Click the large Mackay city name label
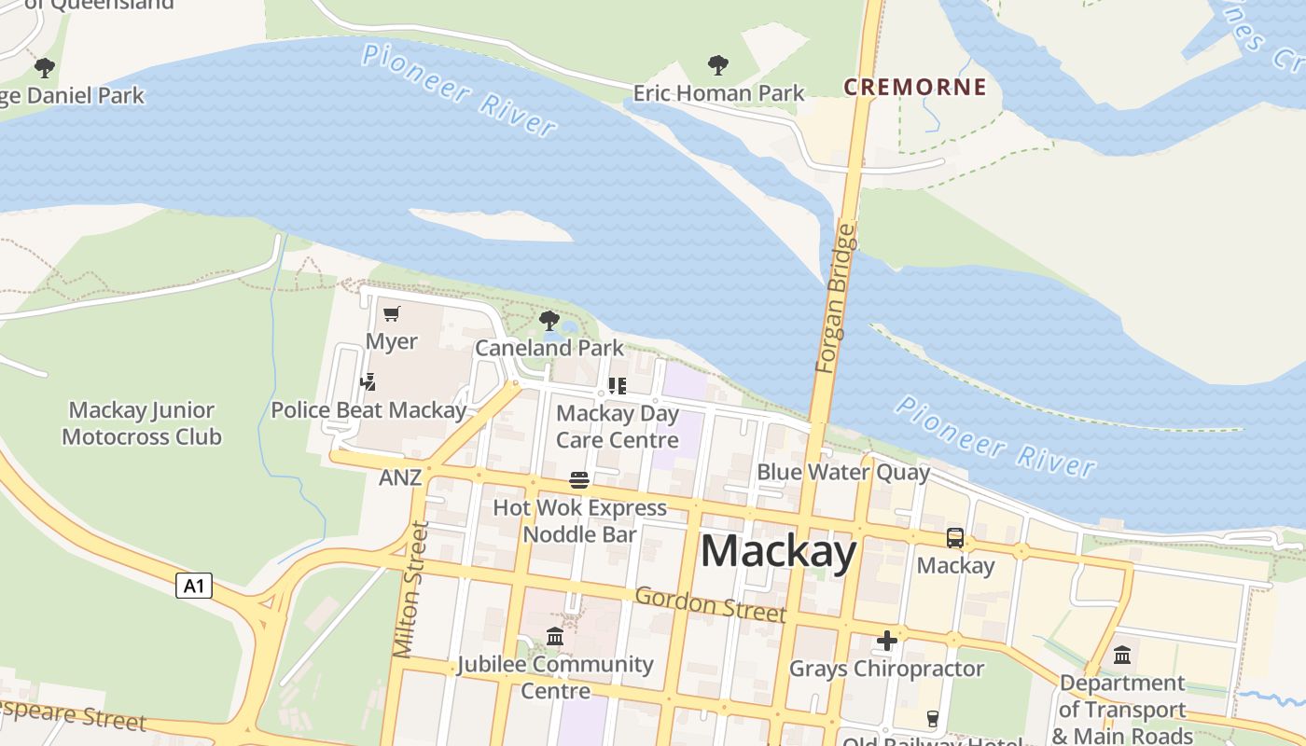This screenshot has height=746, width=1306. point(778,551)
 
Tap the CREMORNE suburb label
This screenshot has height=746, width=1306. point(914,88)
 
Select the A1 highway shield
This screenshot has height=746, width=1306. point(193,587)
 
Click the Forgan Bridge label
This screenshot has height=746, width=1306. point(834,298)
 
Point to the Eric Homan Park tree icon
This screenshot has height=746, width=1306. point(717,65)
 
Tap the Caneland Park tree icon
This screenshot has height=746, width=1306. point(549,321)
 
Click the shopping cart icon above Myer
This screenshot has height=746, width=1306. point(392,314)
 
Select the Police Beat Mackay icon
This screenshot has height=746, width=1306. point(368,382)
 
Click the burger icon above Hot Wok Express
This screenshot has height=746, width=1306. point(579,480)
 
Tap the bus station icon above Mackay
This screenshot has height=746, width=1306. point(955,538)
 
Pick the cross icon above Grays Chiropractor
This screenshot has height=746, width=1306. point(886,641)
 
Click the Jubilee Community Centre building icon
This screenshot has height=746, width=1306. point(555,637)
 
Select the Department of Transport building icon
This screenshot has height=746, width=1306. point(1122,655)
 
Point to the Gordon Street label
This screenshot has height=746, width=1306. point(710,604)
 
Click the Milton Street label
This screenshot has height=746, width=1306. point(411,589)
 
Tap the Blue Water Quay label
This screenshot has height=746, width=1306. point(842,472)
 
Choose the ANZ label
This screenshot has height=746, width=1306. point(400,478)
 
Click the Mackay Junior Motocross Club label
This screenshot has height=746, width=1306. point(142,423)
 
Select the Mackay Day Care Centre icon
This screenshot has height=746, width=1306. point(617,385)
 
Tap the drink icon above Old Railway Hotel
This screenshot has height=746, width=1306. point(931,718)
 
